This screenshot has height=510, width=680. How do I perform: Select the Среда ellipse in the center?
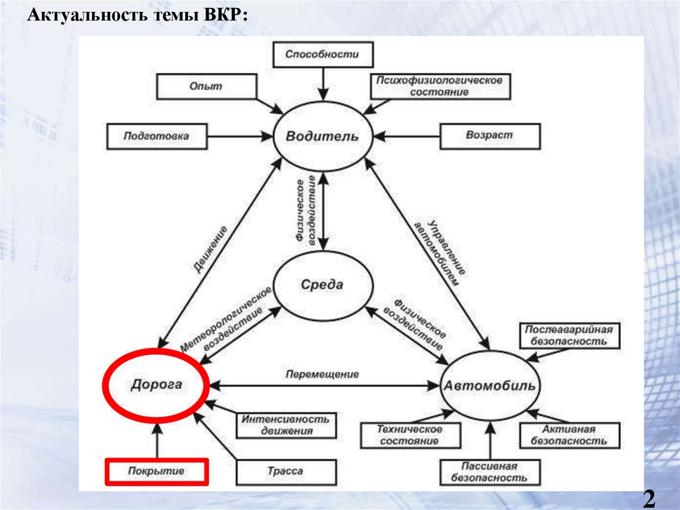[322, 285]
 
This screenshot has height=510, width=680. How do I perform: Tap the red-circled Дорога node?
[156, 385]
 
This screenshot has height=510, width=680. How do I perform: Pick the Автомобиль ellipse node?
[491, 386]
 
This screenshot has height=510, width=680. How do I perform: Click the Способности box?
[322, 55]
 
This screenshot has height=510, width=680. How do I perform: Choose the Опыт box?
[207, 87]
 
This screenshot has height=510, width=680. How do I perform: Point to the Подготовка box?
[156, 136]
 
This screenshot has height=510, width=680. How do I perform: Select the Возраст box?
[490, 135]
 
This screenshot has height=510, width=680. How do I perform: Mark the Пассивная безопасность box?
[489, 472]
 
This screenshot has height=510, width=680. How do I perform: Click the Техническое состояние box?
[409, 435]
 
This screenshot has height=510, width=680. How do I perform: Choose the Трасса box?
[285, 471]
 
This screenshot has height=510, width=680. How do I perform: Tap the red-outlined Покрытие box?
[157, 471]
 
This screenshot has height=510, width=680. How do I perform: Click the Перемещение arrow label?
[322, 374]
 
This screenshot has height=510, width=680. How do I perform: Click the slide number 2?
[649, 498]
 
